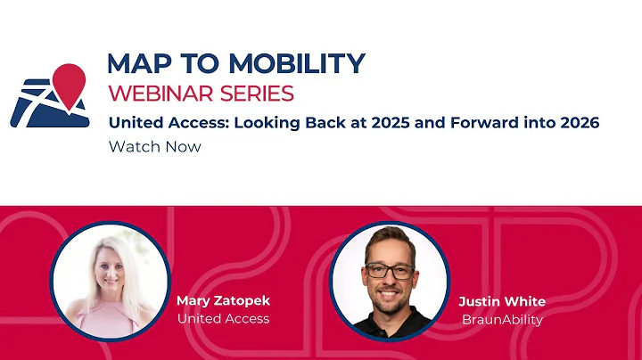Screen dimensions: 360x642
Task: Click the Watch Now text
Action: pos(154,147)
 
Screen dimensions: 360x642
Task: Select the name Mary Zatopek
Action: pos(223,300)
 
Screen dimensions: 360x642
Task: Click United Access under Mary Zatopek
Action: pos(223,318)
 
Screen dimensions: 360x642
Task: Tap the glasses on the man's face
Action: pos(389,270)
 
